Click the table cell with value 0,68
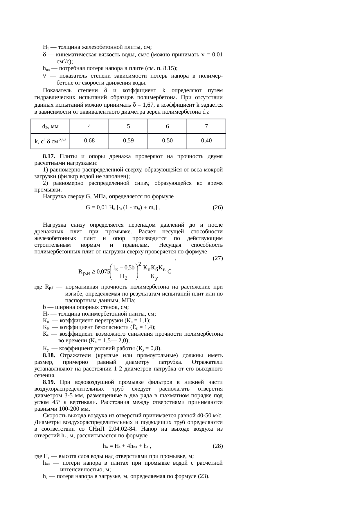89,141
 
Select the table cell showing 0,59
128,141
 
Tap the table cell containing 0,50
167,141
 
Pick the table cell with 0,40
206,141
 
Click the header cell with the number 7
206,126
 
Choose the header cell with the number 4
89,126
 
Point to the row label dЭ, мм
50,126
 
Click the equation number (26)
217,207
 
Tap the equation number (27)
217,258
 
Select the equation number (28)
217,445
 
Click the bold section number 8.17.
49,156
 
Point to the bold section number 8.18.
49,355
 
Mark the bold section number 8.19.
49,382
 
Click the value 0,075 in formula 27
103,272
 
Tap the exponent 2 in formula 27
140,264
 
